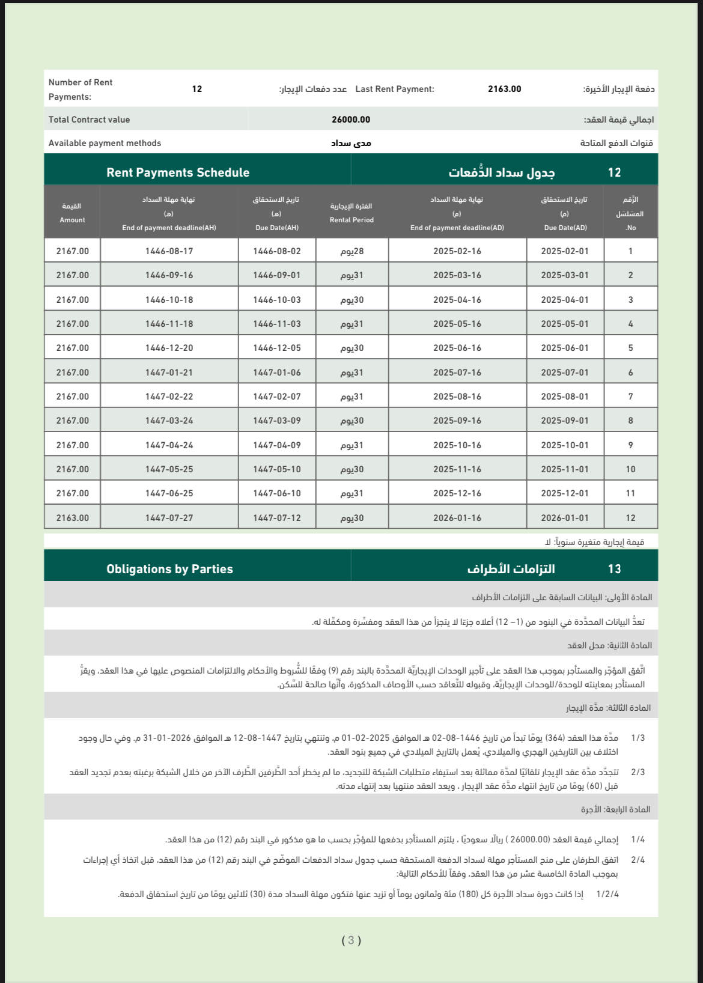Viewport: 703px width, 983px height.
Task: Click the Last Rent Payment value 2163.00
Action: click(504, 89)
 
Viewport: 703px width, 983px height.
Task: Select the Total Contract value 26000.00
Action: click(351, 120)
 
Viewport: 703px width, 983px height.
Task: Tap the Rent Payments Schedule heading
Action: click(178, 172)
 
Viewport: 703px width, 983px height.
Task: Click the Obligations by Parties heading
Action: click(169, 569)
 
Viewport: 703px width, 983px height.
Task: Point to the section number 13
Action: click(614, 569)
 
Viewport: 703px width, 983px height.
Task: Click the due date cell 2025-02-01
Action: click(565, 251)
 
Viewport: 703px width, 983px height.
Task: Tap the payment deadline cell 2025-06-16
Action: click(457, 348)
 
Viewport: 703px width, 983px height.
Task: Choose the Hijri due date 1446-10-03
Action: click(277, 300)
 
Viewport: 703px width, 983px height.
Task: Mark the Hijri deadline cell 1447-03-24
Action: click(169, 421)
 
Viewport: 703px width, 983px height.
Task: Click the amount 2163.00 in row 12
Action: click(73, 518)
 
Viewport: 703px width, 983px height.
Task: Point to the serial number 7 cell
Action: click(630, 397)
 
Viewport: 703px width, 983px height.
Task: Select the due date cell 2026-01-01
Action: click(565, 518)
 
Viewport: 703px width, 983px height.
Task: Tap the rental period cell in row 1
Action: click(352, 251)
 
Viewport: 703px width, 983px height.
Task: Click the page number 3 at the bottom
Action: click(351, 940)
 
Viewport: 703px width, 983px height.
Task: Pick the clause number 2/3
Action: click(638, 772)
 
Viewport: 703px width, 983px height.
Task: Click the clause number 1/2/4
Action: click(607, 894)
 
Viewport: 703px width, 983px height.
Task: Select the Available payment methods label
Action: click(105, 143)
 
